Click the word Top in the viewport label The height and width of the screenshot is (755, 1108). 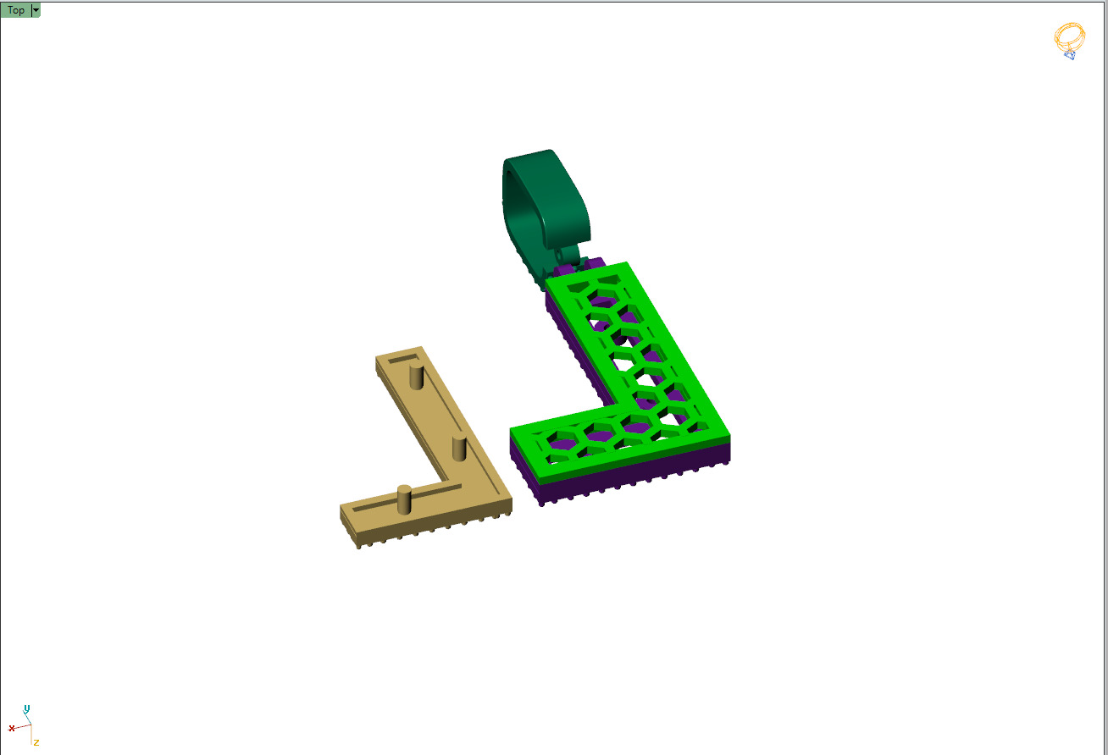[x=16, y=10]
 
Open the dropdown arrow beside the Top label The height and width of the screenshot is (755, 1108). [x=36, y=10]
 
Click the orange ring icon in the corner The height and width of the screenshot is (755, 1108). [x=1069, y=39]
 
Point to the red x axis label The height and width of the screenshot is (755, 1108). [x=12, y=728]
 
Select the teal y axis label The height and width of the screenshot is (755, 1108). [x=27, y=708]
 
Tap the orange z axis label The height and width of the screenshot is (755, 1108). [x=36, y=742]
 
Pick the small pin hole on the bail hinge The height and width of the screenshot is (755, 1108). [x=559, y=253]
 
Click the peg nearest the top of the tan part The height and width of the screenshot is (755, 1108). [x=415, y=376]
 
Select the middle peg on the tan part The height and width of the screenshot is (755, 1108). [x=459, y=448]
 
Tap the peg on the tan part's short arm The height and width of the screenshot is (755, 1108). [x=404, y=499]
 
